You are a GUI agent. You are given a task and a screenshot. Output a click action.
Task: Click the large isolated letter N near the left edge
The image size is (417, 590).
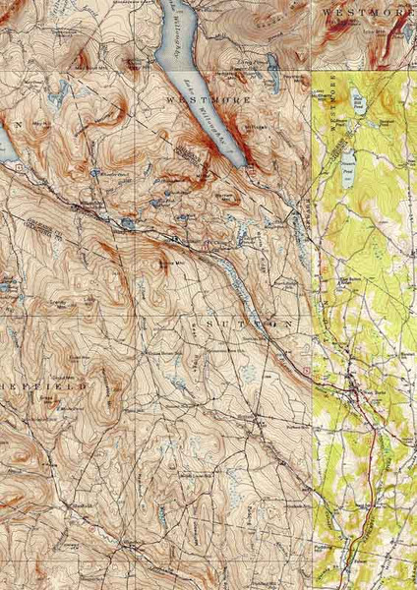(18, 126)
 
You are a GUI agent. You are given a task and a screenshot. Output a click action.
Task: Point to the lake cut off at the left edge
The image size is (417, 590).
(5, 147)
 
